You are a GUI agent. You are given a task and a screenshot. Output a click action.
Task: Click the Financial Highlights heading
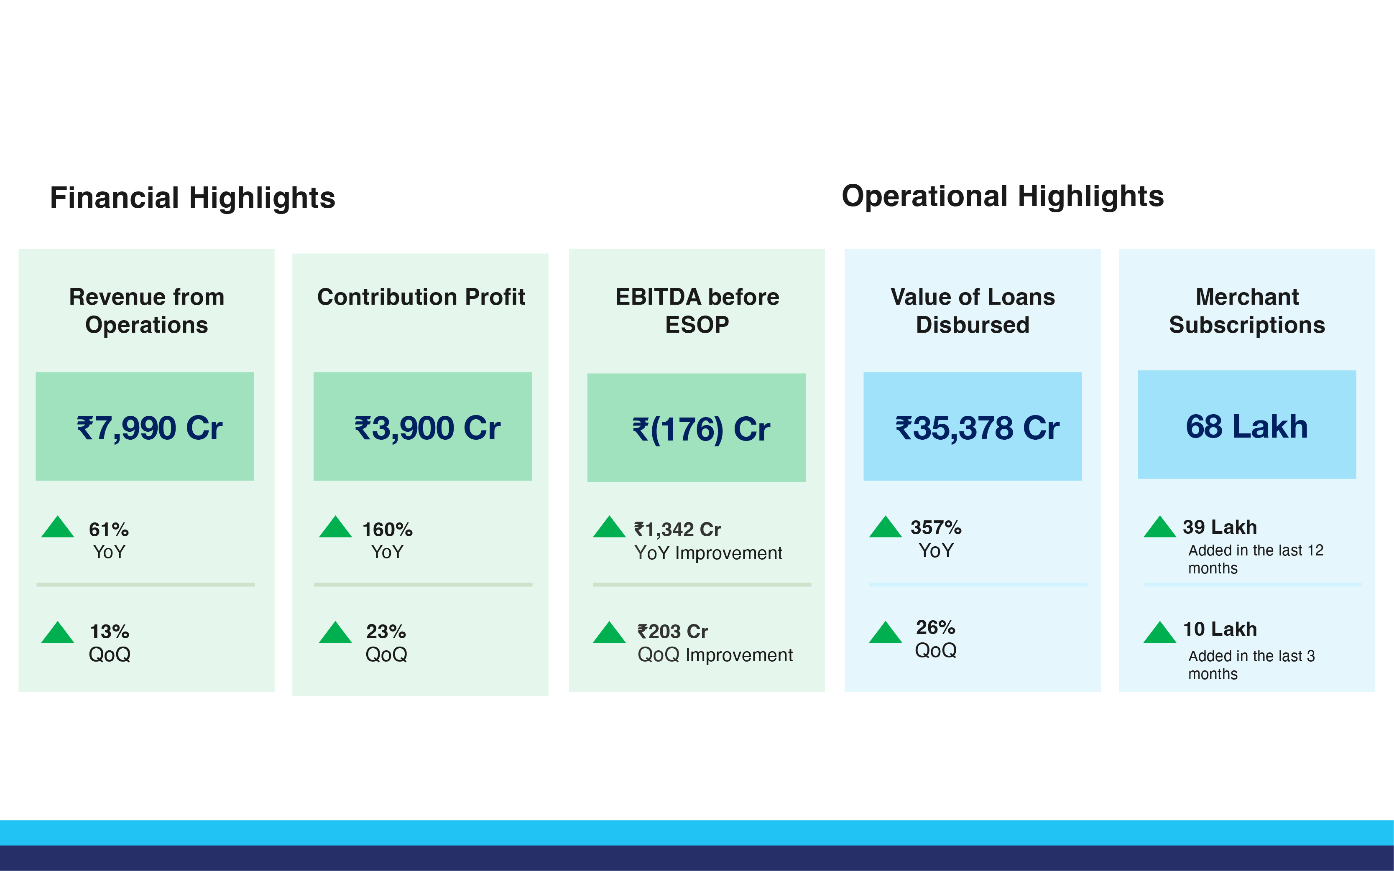coord(192,198)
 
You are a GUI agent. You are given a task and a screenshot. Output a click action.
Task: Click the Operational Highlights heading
coord(1002,196)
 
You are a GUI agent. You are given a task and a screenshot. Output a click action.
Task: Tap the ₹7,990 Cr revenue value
coord(149,428)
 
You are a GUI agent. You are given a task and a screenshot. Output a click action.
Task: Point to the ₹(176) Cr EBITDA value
coord(701,430)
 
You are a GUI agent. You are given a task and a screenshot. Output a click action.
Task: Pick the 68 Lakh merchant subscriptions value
coord(1246,426)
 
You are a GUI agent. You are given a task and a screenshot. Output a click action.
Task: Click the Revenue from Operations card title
coord(146,311)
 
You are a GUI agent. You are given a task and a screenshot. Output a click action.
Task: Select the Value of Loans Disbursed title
coord(972,311)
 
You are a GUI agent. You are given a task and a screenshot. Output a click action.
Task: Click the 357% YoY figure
coord(936,527)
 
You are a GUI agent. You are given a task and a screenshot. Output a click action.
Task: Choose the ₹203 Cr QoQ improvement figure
coord(672,632)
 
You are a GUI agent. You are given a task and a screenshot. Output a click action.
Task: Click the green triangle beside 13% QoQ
coord(58,634)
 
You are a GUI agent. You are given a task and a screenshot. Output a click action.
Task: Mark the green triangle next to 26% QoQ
coord(885,634)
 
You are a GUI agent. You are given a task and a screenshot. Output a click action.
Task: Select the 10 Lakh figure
coord(1219,629)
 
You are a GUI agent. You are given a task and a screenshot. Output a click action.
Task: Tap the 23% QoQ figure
coord(386,632)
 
